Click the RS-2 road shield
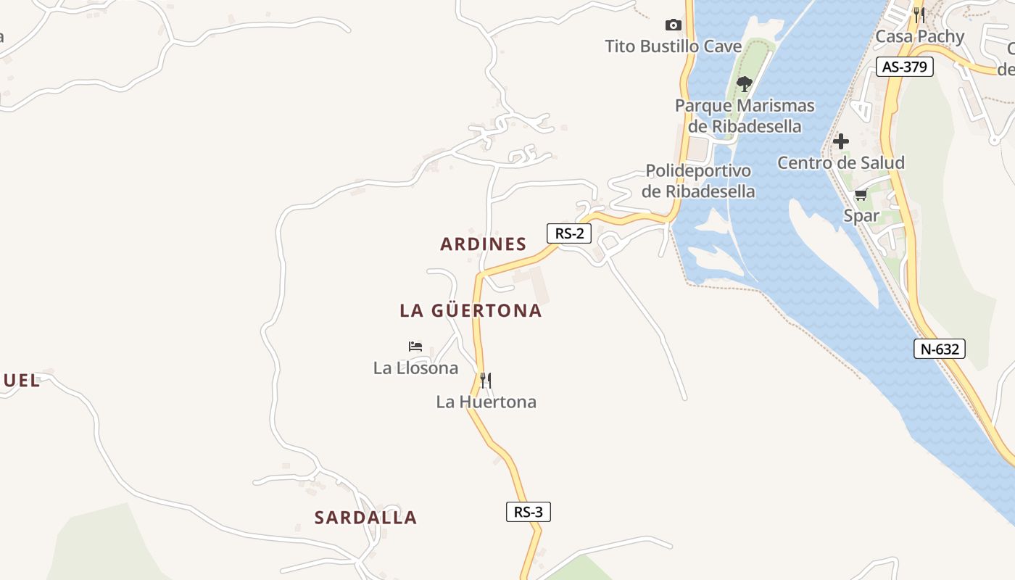click(569, 233)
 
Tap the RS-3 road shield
click(529, 512)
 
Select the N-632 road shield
click(939, 349)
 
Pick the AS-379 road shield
click(904, 67)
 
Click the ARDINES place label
click(484, 244)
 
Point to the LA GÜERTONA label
click(471, 311)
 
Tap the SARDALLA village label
click(365, 518)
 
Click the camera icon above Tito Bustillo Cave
click(674, 25)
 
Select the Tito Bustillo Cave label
click(674, 47)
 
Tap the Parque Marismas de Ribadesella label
click(745, 116)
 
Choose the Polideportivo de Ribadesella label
click(699, 181)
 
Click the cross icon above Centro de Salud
click(841, 141)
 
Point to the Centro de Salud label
click(841, 162)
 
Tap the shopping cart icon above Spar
click(861, 194)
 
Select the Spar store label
click(861, 215)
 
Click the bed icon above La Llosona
click(415, 347)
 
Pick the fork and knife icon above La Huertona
click(486, 380)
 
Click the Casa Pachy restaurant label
click(920, 36)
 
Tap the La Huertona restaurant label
click(486, 402)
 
